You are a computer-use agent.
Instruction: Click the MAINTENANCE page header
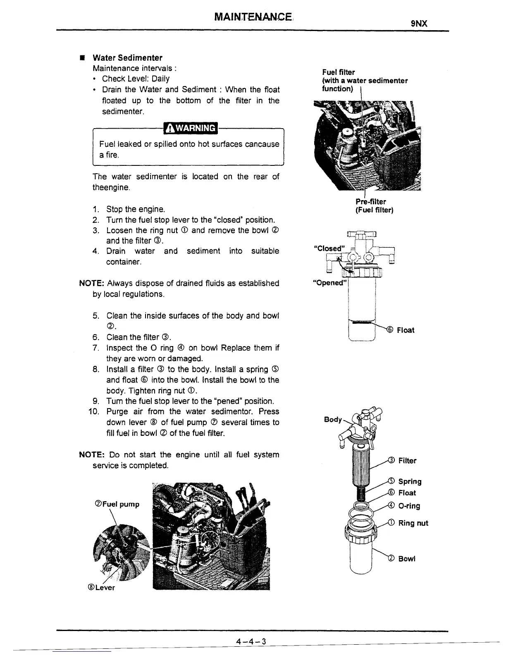(x=253, y=17)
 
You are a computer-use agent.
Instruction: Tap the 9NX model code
(x=419, y=24)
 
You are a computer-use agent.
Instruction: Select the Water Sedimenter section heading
(x=127, y=57)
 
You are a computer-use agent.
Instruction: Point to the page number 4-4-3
(x=250, y=641)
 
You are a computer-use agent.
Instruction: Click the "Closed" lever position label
(x=329, y=248)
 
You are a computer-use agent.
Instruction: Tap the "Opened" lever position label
(x=329, y=283)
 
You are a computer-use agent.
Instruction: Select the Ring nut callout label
(x=413, y=523)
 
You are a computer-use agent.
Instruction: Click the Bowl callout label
(x=407, y=559)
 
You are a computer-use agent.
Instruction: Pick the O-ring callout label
(x=409, y=506)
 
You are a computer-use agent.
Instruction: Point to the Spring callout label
(x=410, y=481)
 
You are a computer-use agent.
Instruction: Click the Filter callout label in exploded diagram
(x=407, y=461)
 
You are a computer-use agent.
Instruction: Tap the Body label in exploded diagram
(x=333, y=419)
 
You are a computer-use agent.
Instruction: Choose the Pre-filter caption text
(x=371, y=202)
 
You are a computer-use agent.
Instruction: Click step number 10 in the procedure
(x=94, y=411)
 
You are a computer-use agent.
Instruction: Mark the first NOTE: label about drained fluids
(x=92, y=283)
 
